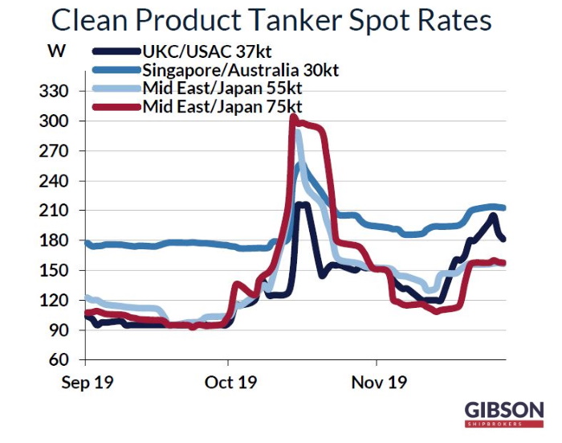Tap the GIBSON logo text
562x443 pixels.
click(504, 408)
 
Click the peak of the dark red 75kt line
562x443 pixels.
click(294, 118)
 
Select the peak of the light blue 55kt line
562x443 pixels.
click(299, 133)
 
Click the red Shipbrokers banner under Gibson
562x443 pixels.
click(504, 422)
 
